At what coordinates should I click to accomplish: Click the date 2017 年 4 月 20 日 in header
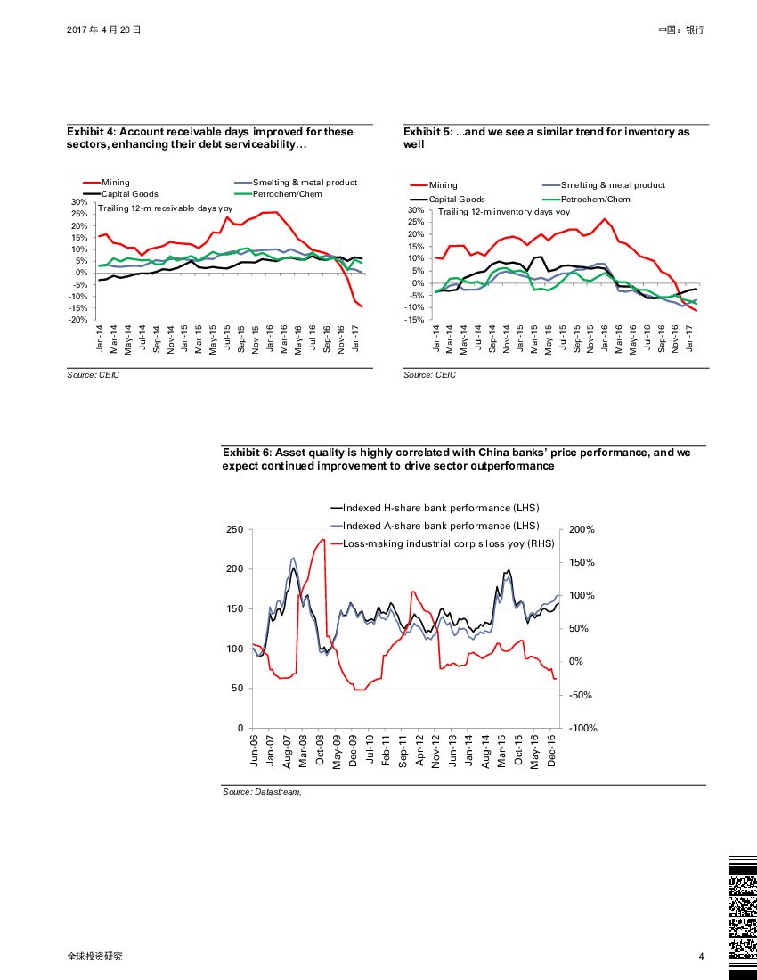(104, 29)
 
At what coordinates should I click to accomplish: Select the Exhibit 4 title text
(210, 138)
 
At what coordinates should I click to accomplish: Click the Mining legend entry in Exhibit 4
(116, 183)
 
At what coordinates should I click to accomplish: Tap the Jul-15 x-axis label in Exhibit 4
(227, 340)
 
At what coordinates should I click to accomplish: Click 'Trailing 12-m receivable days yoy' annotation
(165, 208)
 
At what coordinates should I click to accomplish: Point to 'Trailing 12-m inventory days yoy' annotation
(504, 212)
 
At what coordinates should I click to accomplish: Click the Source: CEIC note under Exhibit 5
(429, 375)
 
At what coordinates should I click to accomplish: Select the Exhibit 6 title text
(456, 459)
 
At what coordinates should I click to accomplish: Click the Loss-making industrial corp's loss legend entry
(448, 543)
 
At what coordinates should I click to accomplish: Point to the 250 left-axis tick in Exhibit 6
(235, 529)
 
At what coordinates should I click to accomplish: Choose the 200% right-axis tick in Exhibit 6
(581, 529)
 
